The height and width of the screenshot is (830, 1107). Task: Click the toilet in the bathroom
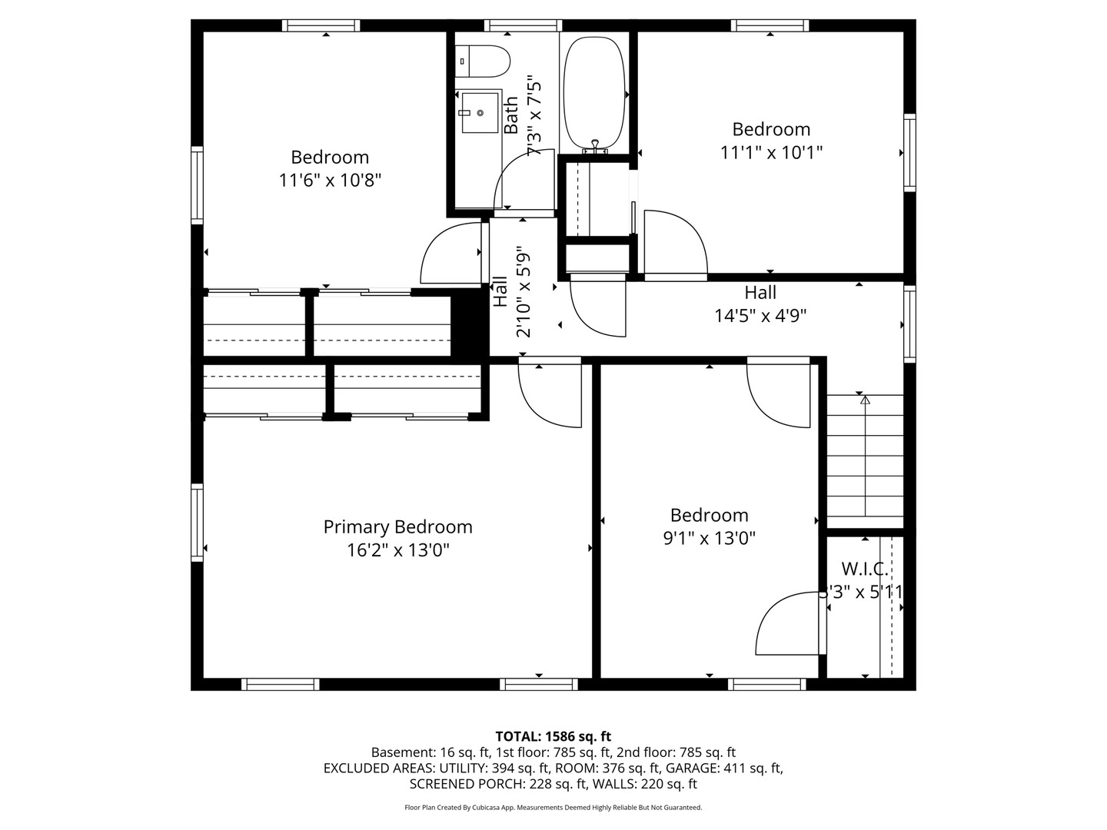pos(482,61)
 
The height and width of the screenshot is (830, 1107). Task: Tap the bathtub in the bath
pos(594,95)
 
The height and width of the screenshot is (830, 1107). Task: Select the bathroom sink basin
pos(480,112)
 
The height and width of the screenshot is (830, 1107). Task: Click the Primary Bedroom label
pos(398,527)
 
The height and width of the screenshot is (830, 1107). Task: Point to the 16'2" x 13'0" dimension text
pos(398,550)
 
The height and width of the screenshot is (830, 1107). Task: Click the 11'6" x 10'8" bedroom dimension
pos(331,180)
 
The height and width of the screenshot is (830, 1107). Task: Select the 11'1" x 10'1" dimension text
pos(771,152)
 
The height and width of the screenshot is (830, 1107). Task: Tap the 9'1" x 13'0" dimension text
pos(709,539)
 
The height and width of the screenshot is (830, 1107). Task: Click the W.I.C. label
pos(864,569)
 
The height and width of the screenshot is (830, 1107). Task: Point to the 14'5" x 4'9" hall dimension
pos(760,316)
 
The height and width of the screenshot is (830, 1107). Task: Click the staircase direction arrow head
pos(866,400)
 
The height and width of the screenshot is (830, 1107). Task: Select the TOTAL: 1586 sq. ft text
pos(553,737)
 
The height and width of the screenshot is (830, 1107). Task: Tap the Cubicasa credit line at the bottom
pos(553,807)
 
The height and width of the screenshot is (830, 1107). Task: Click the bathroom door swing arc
pos(510,169)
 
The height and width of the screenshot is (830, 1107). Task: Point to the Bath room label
pos(511,115)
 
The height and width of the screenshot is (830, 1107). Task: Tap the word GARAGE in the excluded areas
pos(693,769)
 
